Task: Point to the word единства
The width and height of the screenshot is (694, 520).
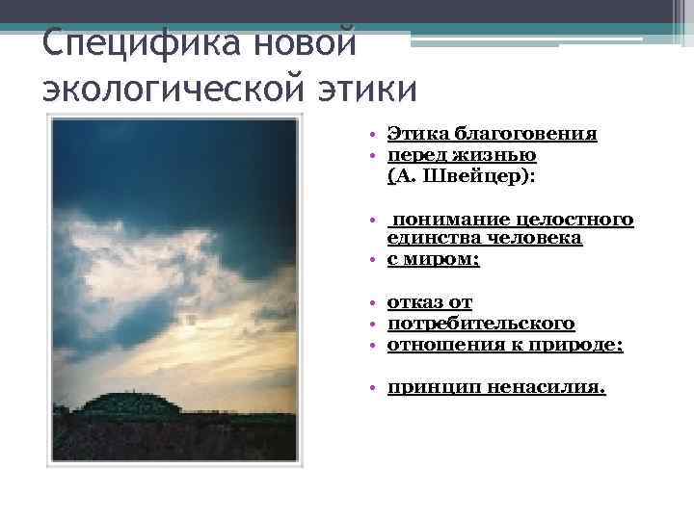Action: coord(431,238)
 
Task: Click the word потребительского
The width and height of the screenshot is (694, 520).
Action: coord(481,324)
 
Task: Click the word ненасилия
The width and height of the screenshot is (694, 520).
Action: coord(546,387)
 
